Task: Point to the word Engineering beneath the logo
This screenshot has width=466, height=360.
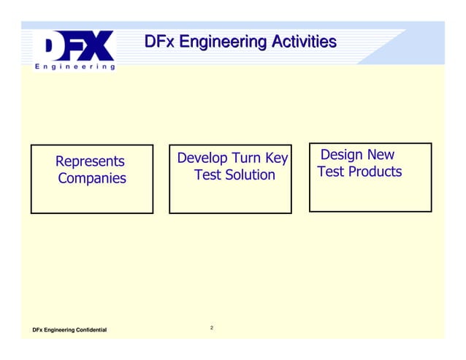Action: click(75, 66)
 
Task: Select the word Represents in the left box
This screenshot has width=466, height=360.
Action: click(90, 161)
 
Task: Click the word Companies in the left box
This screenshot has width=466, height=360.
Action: click(91, 179)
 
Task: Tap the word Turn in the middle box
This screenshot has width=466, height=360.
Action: click(248, 158)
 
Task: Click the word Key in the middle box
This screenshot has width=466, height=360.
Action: click(277, 158)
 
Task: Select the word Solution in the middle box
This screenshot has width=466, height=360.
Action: click(250, 175)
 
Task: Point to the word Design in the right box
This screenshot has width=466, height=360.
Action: click(343, 155)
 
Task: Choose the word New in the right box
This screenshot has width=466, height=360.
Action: click(381, 155)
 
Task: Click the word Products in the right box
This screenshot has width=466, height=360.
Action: click(375, 172)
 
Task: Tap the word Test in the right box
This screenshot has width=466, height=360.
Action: click(331, 172)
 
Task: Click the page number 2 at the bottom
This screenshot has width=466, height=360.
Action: click(212, 328)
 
